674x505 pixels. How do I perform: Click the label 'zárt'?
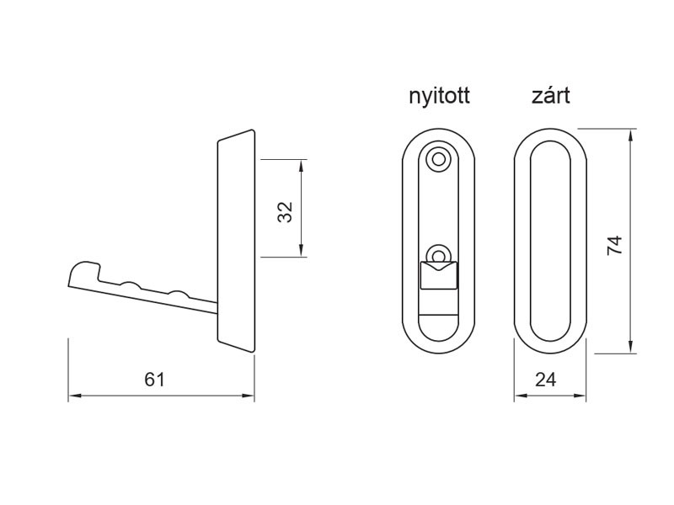[x=550, y=95]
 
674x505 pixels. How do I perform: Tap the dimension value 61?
[x=154, y=380]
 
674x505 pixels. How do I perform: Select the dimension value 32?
[x=286, y=210]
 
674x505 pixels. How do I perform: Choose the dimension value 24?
[x=546, y=380]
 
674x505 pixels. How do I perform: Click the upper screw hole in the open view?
[x=437, y=158]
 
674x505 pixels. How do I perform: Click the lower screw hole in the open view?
[x=438, y=254]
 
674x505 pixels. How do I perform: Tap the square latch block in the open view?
[x=438, y=275]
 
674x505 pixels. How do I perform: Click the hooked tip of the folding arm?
[x=78, y=273]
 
